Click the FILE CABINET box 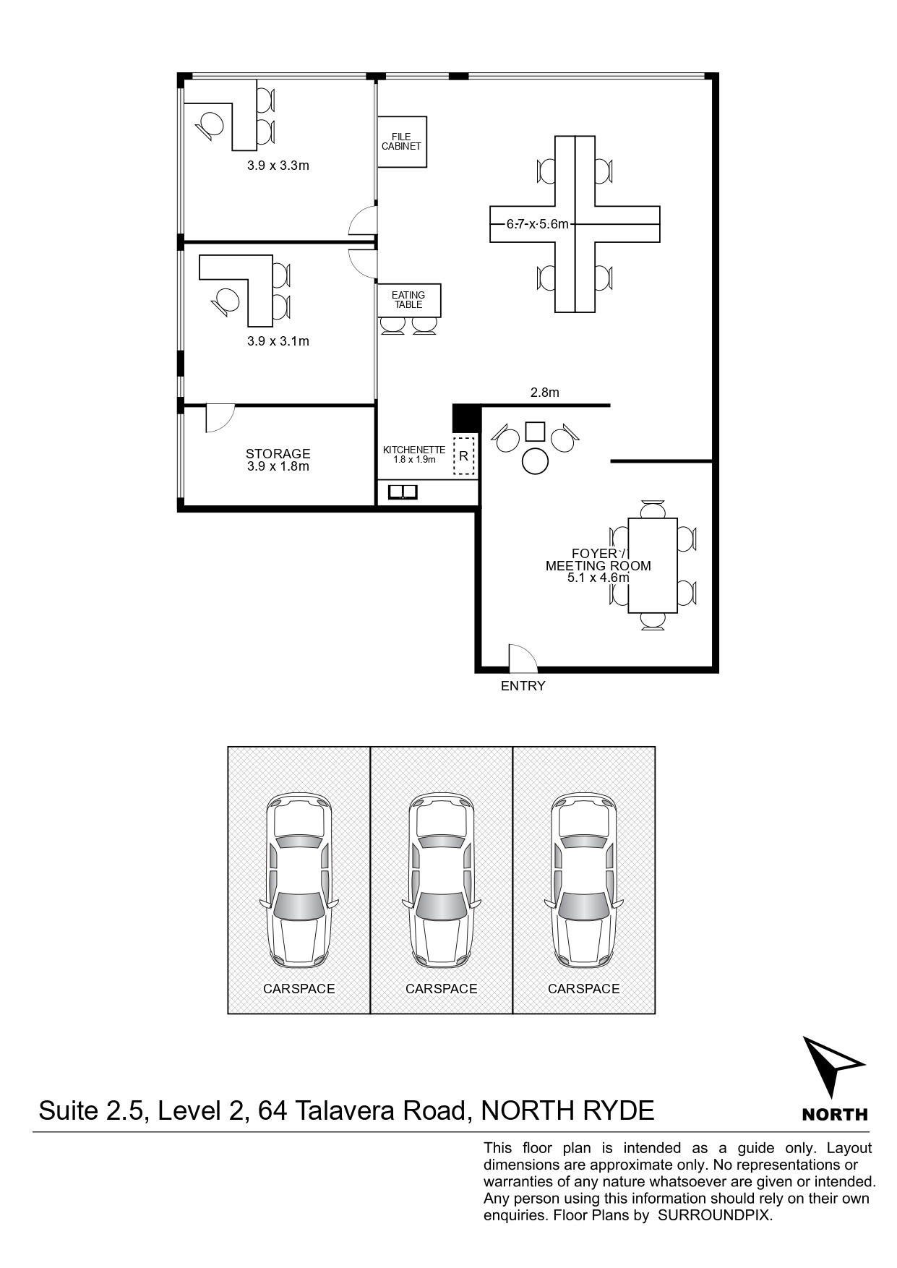pyautogui.click(x=402, y=142)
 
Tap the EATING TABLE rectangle pyautogui.click(x=409, y=300)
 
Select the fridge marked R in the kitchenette pyautogui.click(x=463, y=456)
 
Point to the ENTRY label pyautogui.click(x=523, y=686)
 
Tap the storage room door pyautogui.click(x=220, y=418)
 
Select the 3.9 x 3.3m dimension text pyautogui.click(x=278, y=166)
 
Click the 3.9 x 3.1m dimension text pyautogui.click(x=278, y=341)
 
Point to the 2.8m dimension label pyautogui.click(x=545, y=393)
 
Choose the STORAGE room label pyautogui.click(x=278, y=454)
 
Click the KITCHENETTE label pyautogui.click(x=414, y=450)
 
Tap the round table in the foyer pyautogui.click(x=536, y=460)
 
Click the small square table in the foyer pyautogui.click(x=535, y=431)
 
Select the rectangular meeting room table pyautogui.click(x=653, y=565)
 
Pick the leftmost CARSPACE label pyautogui.click(x=299, y=988)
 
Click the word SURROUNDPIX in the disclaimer pyautogui.click(x=715, y=1215)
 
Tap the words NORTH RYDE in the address pyautogui.click(x=567, y=1110)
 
